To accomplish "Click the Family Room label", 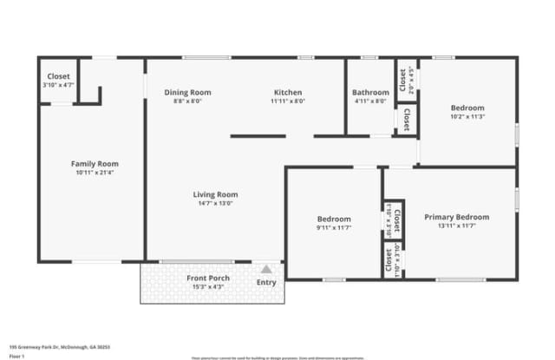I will pos(95,163).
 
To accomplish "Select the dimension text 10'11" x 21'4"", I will pos(95,172).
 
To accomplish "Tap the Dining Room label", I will pos(187,92).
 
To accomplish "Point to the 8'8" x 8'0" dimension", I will pos(187,101).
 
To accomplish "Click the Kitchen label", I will pos(287,92).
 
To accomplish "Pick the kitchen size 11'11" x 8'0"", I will pos(287,101).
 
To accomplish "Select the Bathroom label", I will pos(370,93).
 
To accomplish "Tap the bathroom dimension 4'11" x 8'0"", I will pos(370,101).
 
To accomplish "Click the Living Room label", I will pos(215,194).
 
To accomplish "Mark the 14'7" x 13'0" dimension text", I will pos(215,204).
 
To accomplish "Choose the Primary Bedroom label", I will pos(456,217).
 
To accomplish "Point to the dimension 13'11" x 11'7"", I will pos(456,226).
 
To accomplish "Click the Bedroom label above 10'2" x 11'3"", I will pos(467,108).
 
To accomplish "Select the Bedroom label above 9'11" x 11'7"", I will pos(334,219).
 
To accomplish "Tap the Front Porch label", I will pos(208,278).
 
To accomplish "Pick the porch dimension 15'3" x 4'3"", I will pos(208,286).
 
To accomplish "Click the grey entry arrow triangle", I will pos(266,270).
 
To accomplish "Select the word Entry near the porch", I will pos(266,282).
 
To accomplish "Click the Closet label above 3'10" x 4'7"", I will pos(58,76).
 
